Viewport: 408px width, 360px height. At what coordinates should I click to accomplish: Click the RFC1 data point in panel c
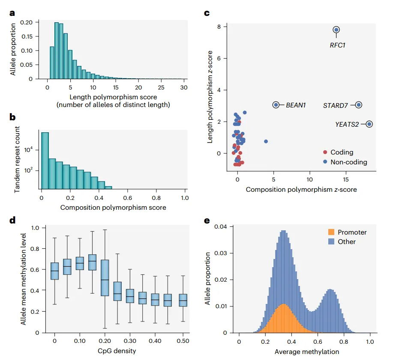(x=336, y=30)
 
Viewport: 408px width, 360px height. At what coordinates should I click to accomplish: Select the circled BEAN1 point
(x=276, y=104)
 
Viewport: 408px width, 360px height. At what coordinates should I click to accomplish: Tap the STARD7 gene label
(x=336, y=105)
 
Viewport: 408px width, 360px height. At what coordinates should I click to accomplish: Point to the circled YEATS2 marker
(x=369, y=124)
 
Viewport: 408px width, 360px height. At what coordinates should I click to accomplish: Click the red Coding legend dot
(x=325, y=152)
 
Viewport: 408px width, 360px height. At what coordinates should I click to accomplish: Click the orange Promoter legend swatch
(x=331, y=232)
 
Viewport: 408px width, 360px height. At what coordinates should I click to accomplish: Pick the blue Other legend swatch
(x=331, y=241)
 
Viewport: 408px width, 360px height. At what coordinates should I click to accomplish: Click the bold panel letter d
(x=12, y=220)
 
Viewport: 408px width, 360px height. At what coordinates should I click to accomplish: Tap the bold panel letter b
(x=12, y=117)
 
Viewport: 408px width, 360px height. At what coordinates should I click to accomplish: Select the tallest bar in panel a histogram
(x=57, y=51)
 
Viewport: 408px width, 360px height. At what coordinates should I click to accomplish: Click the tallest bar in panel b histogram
(x=45, y=160)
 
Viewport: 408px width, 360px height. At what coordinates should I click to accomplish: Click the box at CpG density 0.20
(x=104, y=278)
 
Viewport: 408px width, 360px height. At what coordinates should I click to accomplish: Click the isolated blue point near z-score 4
(x=266, y=142)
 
